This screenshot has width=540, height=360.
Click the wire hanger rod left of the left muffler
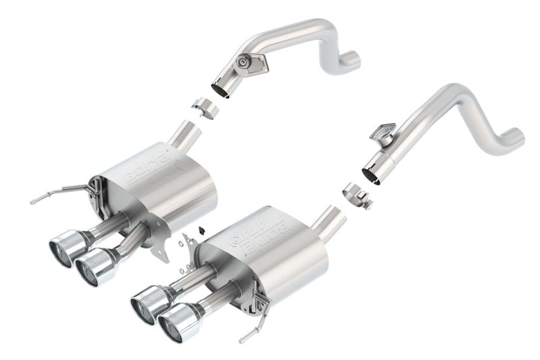click(x=52, y=196)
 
